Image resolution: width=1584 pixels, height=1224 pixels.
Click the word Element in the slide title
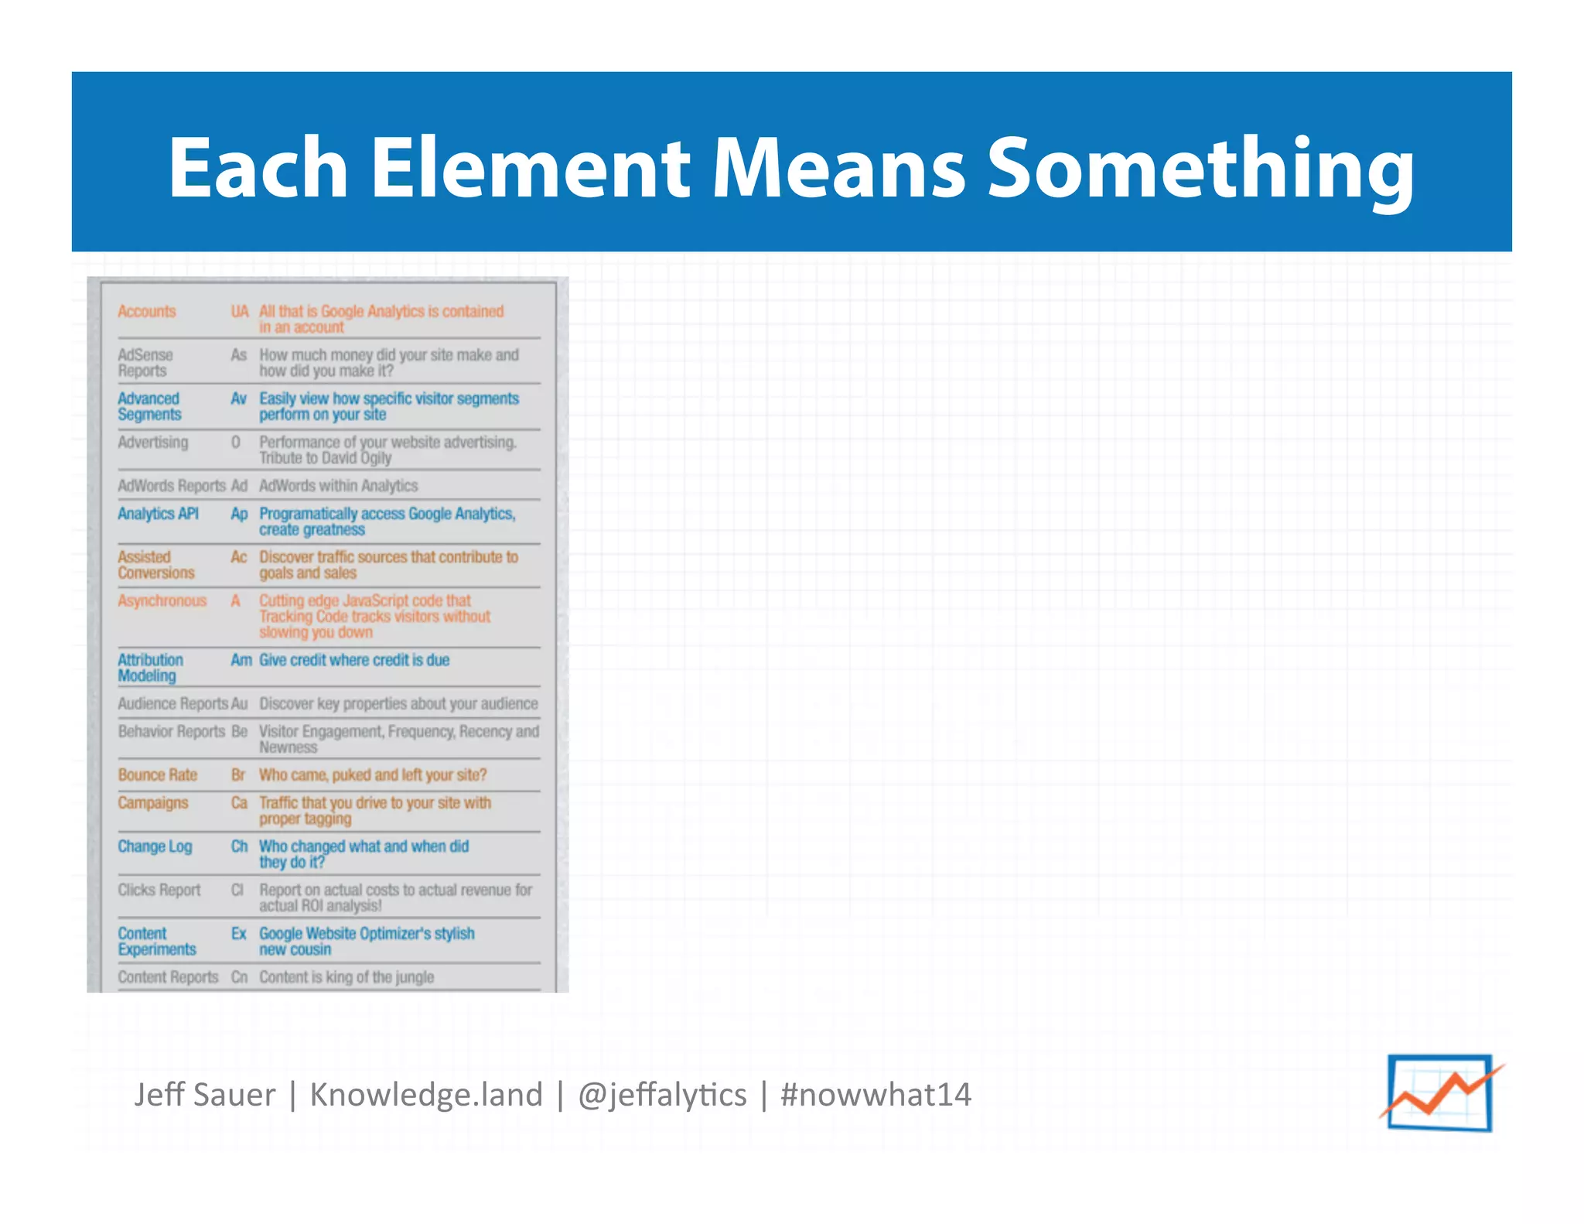tap(530, 167)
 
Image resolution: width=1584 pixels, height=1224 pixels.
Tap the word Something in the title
tap(1201, 169)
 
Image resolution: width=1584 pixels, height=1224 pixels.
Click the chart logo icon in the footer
tap(1440, 1092)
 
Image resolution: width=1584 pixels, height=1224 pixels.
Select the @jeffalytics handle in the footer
tap(662, 1095)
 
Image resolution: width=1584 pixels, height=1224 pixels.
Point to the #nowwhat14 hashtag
tap(876, 1095)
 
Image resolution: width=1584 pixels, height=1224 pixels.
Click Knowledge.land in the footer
tap(426, 1095)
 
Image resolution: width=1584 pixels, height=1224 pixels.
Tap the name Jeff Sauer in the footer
tap(204, 1095)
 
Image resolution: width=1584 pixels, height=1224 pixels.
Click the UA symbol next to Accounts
tap(240, 311)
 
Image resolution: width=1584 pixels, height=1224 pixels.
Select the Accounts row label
tap(147, 311)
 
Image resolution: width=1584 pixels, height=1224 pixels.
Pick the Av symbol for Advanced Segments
tap(238, 398)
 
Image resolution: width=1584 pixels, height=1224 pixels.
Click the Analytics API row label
tap(159, 514)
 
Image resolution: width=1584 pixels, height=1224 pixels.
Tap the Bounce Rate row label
tap(158, 774)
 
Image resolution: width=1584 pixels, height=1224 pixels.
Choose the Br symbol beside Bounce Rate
tap(238, 774)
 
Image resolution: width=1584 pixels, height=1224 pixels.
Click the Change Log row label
tap(155, 846)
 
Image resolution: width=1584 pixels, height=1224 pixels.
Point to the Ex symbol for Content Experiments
tap(239, 933)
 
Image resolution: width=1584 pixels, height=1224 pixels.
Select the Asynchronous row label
tap(162, 600)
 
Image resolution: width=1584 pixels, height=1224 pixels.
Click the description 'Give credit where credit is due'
tap(354, 660)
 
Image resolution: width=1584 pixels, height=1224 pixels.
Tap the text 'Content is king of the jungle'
tap(346, 977)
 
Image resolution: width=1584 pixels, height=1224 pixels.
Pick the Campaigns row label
tap(153, 802)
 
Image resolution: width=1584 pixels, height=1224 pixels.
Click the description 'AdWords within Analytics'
tap(339, 486)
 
